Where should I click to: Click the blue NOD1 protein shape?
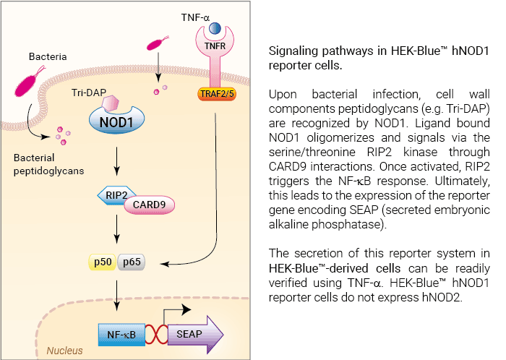click(x=116, y=121)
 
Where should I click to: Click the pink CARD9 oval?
click(x=150, y=205)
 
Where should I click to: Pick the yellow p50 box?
click(x=103, y=262)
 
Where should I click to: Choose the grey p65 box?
click(x=132, y=262)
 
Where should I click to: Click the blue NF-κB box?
click(x=121, y=335)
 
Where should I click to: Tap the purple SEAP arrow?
click(x=196, y=335)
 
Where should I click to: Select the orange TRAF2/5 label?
click(x=217, y=94)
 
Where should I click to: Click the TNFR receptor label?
click(x=215, y=46)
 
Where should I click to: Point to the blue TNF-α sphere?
click(x=215, y=28)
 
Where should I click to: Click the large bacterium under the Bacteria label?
click(x=29, y=81)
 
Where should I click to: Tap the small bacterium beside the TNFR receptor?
click(x=157, y=43)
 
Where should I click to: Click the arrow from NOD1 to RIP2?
click(x=117, y=161)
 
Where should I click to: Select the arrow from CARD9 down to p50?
click(x=117, y=229)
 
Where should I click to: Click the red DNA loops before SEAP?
click(x=157, y=334)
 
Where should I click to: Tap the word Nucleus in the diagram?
click(x=64, y=351)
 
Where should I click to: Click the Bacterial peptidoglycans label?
click(x=48, y=164)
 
